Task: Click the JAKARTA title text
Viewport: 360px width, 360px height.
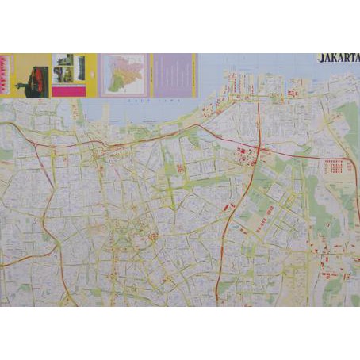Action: pos(339,58)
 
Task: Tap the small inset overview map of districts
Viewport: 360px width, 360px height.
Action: pos(123,75)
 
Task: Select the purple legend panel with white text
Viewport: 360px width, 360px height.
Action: pos(172,75)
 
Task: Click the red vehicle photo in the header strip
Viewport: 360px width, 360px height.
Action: pos(33,82)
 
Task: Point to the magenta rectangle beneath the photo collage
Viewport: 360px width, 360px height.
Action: pos(67,90)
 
